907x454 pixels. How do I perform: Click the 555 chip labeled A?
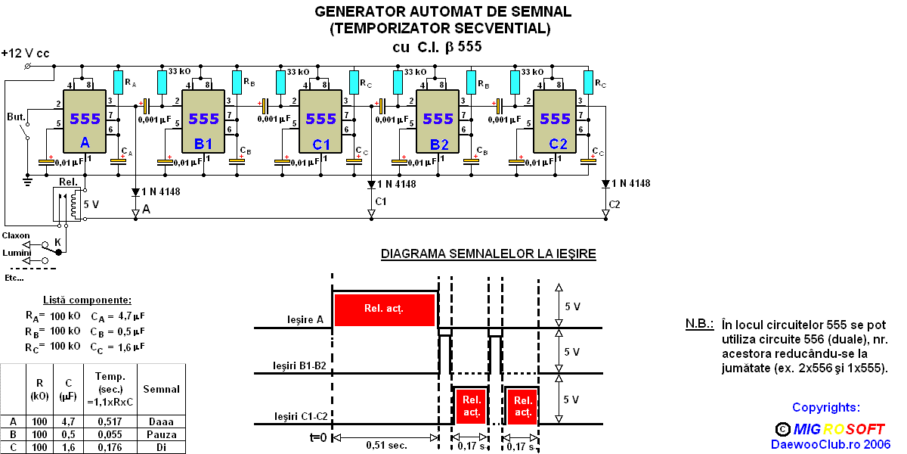[x=84, y=121]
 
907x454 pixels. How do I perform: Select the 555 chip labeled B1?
[x=203, y=121]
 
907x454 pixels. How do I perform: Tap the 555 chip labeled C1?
[x=321, y=121]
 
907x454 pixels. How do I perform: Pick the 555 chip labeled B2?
[x=438, y=121]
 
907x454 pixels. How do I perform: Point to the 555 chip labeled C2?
[x=556, y=121]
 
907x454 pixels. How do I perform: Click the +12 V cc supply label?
[x=25, y=54]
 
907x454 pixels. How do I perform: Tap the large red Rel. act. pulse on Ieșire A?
[x=384, y=309]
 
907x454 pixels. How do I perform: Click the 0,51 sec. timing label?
[x=386, y=445]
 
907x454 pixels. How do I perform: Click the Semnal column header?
[x=162, y=389]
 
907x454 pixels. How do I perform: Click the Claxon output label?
[x=16, y=235]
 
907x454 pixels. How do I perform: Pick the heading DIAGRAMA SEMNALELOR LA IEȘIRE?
[x=488, y=254]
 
